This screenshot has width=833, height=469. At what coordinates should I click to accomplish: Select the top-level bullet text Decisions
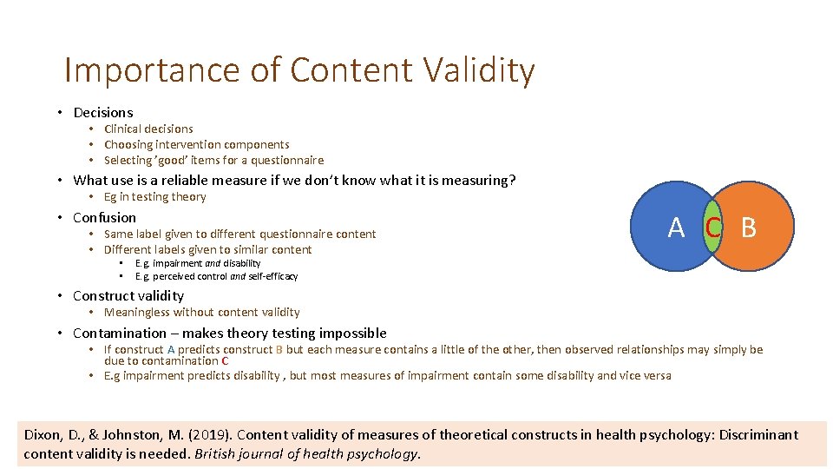point(103,112)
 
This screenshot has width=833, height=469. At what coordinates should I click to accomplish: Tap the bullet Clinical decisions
point(148,129)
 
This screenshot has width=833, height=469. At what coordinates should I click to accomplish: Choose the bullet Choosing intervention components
point(196,144)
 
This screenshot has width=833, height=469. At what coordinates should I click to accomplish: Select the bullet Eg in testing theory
point(154,196)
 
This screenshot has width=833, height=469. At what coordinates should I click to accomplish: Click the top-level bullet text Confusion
point(105,217)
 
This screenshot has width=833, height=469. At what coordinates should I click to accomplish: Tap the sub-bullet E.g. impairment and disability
point(197,263)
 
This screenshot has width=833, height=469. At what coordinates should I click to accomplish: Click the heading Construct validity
point(128,295)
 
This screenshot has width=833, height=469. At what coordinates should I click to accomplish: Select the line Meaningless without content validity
point(201,312)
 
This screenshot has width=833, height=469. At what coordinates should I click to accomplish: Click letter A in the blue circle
point(676,228)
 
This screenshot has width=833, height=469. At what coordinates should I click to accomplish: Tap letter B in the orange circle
point(748,228)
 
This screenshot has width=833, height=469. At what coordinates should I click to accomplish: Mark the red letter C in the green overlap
point(712,228)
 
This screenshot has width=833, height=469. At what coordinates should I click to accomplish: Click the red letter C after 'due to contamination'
point(225,360)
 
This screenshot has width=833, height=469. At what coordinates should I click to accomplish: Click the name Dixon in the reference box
point(44,434)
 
